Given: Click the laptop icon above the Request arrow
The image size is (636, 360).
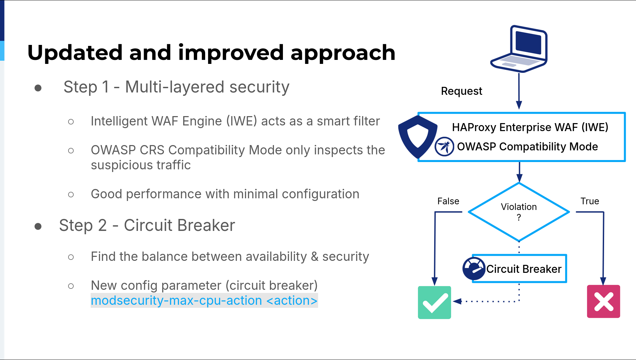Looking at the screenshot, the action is coord(519,49).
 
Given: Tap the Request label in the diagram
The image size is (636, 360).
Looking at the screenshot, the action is coord(461,91).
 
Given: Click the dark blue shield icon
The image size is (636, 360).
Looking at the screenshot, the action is coord(418,137).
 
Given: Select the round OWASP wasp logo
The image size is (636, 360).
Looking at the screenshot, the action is coord(444,146).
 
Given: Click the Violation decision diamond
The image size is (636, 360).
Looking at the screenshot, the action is coord(519,212).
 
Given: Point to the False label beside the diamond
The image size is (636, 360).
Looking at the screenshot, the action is coord(448,201).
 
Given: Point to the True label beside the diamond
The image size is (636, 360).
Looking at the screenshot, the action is coord(590,201).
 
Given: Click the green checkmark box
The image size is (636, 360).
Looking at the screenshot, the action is coord(435,302).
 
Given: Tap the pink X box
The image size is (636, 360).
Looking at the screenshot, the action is coord(603,301).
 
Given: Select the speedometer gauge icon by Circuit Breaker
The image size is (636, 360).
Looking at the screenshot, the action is coord(474,269).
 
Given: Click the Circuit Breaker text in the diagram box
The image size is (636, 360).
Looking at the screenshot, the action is coord(524,269).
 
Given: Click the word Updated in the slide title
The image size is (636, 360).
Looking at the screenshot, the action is coord(75,53).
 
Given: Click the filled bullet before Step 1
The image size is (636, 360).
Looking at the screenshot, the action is coord(38,88).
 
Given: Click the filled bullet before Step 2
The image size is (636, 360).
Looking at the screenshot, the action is coord(38,227).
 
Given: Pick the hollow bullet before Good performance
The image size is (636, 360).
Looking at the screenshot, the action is coord(71,194).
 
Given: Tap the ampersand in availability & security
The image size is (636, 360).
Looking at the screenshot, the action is coord(315,257).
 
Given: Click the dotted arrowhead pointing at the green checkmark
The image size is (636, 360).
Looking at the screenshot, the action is coord(457,301).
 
